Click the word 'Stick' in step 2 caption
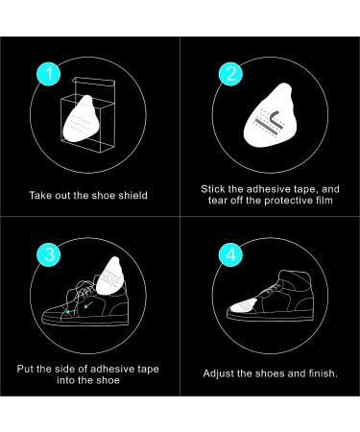click(216, 188)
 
